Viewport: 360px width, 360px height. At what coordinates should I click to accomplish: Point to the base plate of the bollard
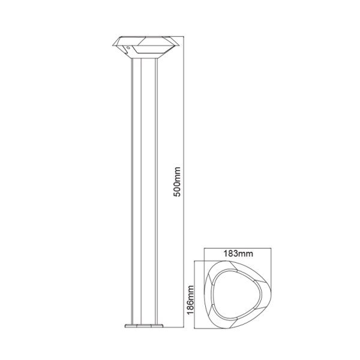tap(144, 327)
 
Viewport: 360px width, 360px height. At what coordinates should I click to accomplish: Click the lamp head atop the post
tap(144, 46)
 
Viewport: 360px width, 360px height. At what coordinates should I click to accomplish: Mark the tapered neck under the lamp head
tap(144, 58)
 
